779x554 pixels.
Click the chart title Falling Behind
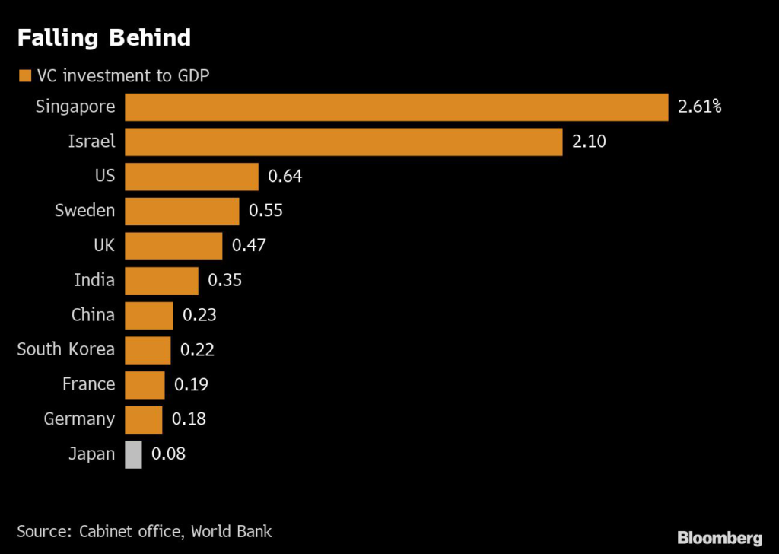point(103,38)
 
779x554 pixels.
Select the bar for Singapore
point(396,107)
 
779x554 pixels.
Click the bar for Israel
point(343,142)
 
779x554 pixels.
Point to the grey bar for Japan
point(133,454)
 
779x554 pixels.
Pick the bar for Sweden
point(182,211)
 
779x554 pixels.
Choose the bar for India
point(161,280)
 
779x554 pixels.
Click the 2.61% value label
point(699,107)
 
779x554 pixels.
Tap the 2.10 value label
point(589,142)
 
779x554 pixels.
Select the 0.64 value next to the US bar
point(285,177)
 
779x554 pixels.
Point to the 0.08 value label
point(168,454)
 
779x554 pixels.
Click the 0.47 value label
point(249,246)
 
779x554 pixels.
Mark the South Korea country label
point(66,349)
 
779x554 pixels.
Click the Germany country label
point(79,419)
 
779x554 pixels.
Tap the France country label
point(88,384)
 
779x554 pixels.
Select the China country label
point(93,315)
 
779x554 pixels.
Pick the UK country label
point(103,246)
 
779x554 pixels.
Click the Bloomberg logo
point(719,538)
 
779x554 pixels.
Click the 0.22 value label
point(197,350)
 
